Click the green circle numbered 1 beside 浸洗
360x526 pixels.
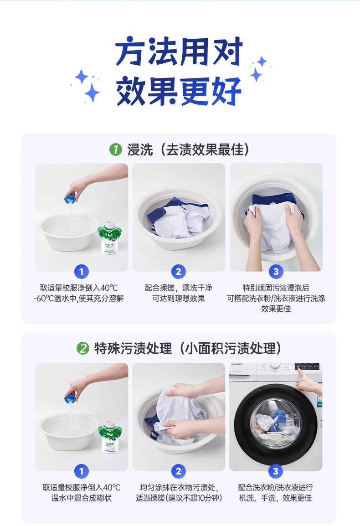pyautogui.click(x=115, y=150)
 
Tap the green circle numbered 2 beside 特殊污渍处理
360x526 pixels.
pyautogui.click(x=83, y=349)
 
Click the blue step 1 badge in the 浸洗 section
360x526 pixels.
pyautogui.click(x=81, y=271)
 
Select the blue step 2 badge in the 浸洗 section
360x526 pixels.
pyautogui.click(x=179, y=271)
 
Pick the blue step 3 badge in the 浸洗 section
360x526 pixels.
pyautogui.click(x=276, y=271)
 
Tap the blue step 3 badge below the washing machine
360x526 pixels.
pyautogui.click(x=275, y=471)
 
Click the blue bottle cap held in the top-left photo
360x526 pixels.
pyautogui.click(x=71, y=199)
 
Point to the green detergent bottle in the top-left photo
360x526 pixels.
pyautogui.click(x=109, y=237)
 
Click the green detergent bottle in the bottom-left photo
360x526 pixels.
pyautogui.click(x=109, y=437)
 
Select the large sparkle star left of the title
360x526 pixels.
pyautogui.click(x=92, y=92)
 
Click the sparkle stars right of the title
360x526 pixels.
pyautogui.click(x=258, y=69)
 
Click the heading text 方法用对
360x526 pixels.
pyautogui.click(x=179, y=52)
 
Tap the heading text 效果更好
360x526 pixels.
pyautogui.click(x=179, y=91)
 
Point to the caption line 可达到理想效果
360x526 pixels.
pyautogui.click(x=179, y=298)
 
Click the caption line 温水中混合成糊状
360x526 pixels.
pyautogui.click(x=81, y=498)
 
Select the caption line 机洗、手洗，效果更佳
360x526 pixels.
pyautogui.click(x=275, y=498)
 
